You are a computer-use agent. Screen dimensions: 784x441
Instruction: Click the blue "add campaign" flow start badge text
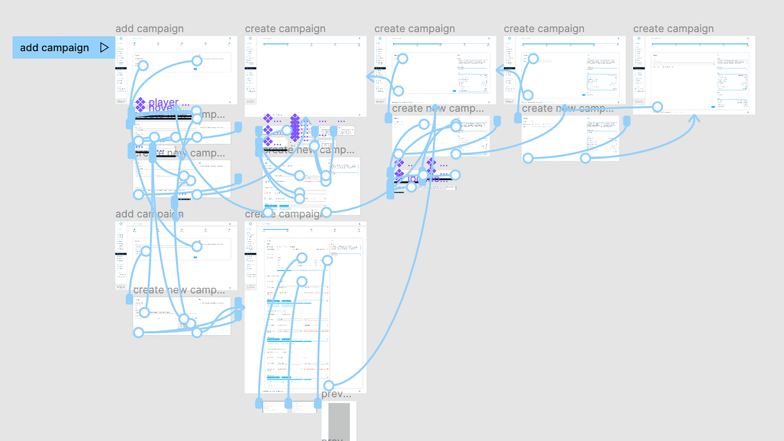[54, 48]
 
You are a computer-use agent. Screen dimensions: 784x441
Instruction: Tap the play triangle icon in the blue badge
[104, 48]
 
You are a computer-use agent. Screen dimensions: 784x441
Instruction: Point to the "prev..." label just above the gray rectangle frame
[336, 395]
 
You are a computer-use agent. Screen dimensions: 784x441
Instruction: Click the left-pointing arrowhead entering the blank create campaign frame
[371, 77]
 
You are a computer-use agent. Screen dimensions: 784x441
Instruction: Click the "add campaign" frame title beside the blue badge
[149, 29]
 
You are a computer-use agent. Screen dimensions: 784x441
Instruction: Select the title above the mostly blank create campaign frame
[278, 29]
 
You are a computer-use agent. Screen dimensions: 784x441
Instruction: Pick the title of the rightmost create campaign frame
[673, 29]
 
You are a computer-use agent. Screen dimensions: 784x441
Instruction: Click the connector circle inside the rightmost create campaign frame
[657, 107]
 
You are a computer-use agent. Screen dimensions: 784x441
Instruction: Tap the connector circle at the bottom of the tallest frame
[328, 385]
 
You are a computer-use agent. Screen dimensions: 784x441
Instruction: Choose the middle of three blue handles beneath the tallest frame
[288, 403]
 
